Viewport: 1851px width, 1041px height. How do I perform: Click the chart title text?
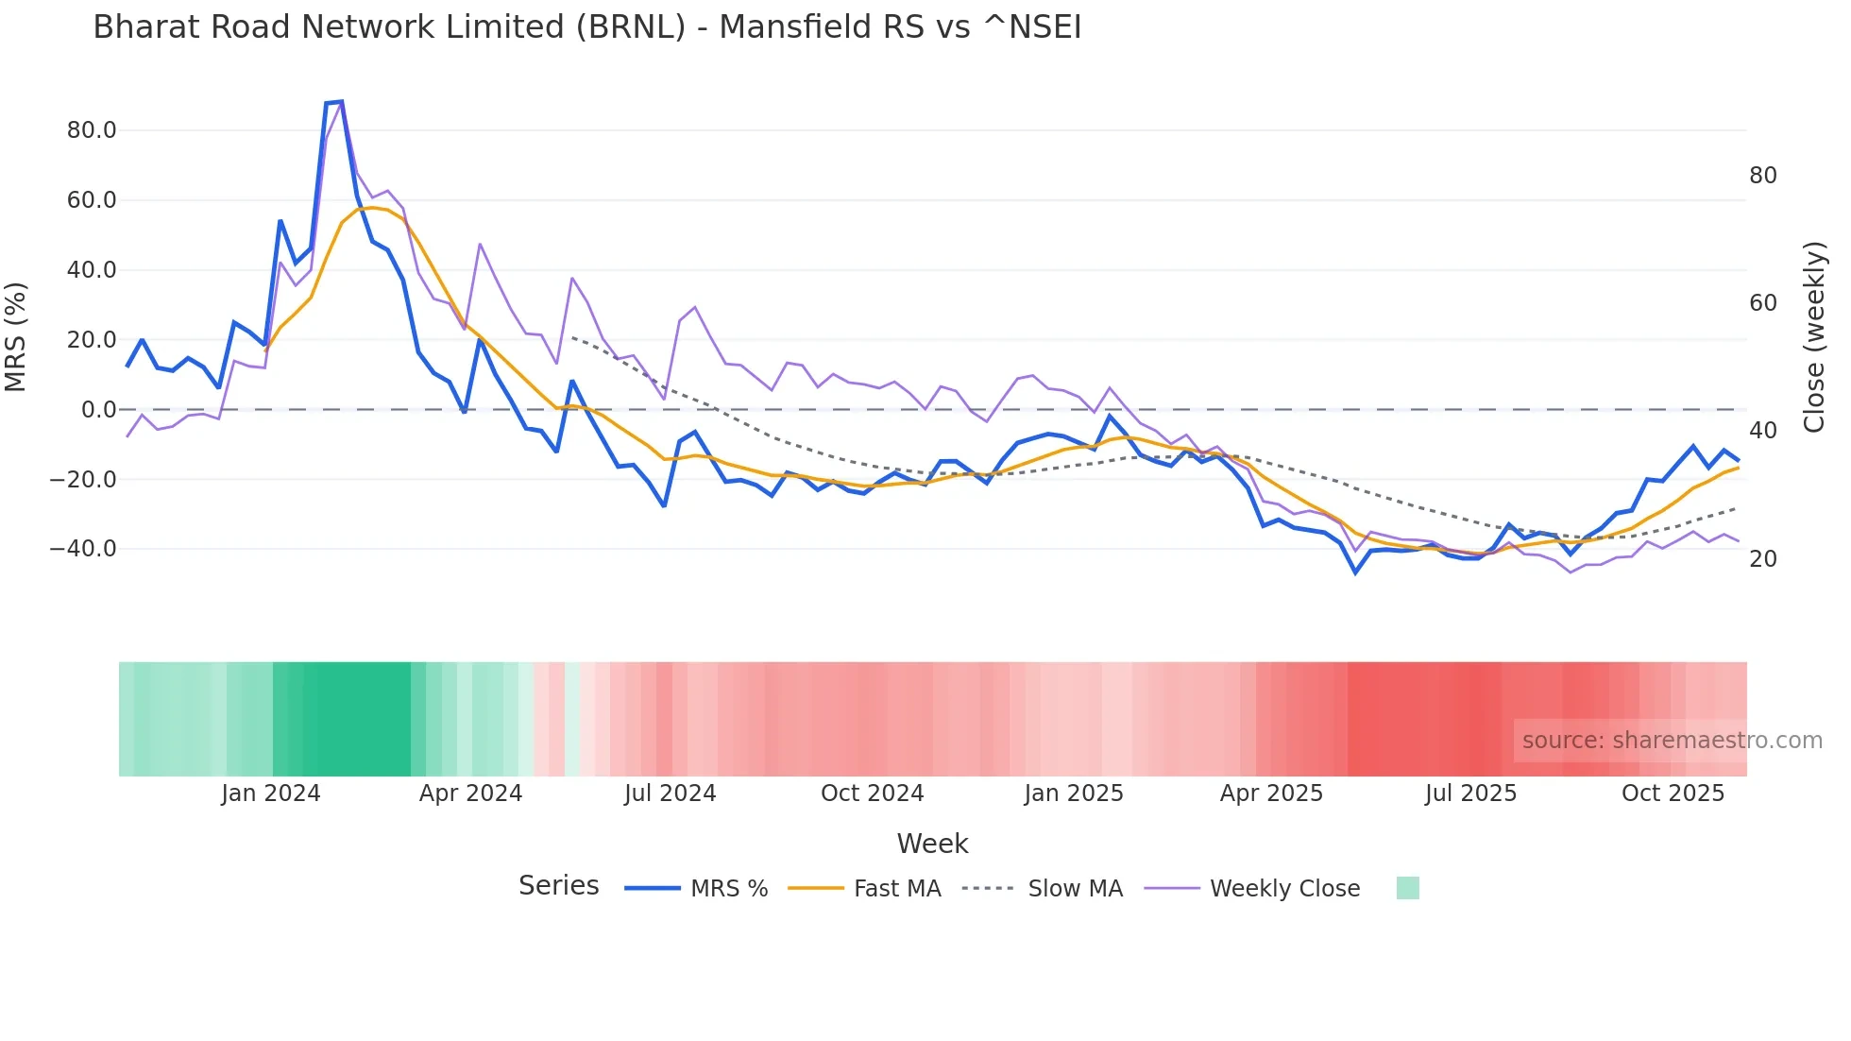[x=586, y=27]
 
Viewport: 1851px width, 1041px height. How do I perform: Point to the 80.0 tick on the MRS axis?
[x=92, y=130]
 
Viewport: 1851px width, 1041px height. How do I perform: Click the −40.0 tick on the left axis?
[x=83, y=549]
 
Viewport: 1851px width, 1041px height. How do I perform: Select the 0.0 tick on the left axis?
[x=98, y=410]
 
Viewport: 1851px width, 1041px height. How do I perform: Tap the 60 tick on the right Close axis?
[x=1762, y=303]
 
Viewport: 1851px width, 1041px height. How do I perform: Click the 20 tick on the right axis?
[x=1762, y=559]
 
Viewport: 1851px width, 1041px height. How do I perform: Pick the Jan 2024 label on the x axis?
[x=271, y=794]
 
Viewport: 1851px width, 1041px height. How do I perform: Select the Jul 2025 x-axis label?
[x=1470, y=794]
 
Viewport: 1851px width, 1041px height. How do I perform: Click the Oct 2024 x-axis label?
[x=872, y=794]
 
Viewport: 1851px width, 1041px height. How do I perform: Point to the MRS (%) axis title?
[x=16, y=337]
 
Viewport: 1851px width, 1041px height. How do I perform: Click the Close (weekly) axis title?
[x=1813, y=337]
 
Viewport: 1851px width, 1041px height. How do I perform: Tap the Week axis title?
[x=932, y=844]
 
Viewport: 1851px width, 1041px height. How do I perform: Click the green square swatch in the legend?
[x=1407, y=888]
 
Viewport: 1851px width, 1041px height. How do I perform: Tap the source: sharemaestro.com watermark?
[x=1672, y=741]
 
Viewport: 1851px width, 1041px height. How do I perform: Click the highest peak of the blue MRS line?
[x=341, y=101]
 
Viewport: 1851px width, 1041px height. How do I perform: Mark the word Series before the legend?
[x=558, y=886]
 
